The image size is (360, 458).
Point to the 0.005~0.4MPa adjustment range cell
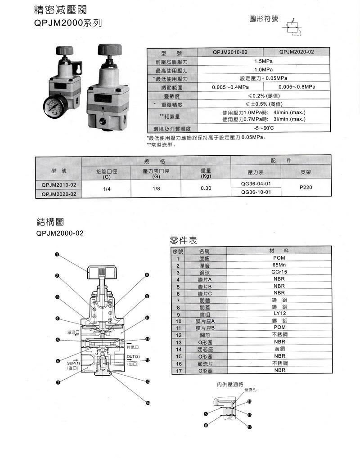coord(230,87)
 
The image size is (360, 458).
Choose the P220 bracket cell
coord(306,187)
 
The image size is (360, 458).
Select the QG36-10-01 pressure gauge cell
coord(256,192)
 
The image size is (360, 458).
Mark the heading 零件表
coord(183,240)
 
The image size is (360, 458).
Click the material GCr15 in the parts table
coord(279,272)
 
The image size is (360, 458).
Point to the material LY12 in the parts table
coord(279,314)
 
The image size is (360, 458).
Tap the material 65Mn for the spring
coord(279,265)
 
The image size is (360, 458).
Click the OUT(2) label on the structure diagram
coord(133,357)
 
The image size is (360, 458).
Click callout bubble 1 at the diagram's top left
coord(57,255)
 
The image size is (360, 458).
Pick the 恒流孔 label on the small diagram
coord(250,390)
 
